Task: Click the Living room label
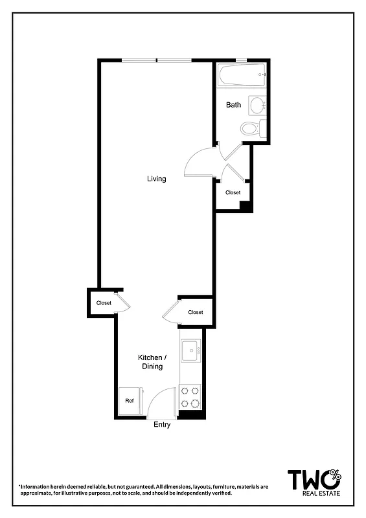156,179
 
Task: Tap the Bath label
233,105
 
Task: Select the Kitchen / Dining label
153,362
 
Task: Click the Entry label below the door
162,425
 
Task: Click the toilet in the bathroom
250,128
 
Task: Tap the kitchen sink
190,352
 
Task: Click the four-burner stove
190,397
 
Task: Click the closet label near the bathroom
233,192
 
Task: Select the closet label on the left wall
104,302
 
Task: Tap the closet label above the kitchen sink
195,312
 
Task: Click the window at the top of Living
157,61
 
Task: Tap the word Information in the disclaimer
38,486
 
